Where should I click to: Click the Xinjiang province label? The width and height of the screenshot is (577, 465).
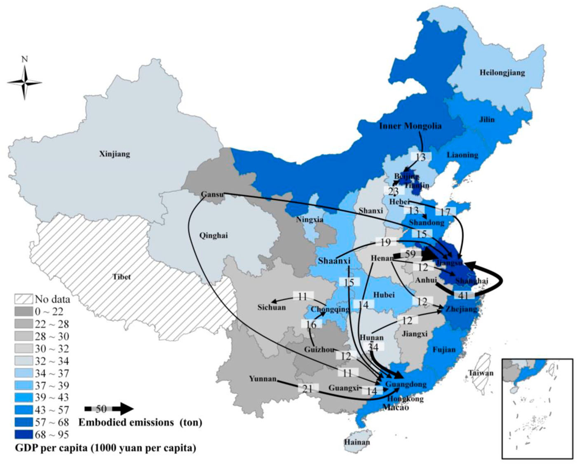[115, 154]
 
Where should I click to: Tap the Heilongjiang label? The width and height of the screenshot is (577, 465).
[502, 73]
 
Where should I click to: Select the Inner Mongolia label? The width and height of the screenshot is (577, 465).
[410, 126]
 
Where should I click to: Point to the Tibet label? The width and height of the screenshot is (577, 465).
[122, 277]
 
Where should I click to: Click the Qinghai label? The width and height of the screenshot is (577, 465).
[213, 236]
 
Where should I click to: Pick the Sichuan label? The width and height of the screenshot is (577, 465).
[271, 307]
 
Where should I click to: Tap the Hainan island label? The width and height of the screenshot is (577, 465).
[357, 442]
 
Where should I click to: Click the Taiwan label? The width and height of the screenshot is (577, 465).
[481, 373]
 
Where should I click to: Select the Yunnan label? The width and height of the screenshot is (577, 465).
[263, 379]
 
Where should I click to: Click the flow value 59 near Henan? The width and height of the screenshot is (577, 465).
[410, 254]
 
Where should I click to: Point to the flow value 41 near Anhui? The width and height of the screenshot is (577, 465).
[464, 295]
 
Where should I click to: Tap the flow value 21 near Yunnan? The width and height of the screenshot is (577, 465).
[308, 388]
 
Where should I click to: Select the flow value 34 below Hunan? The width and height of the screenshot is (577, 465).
[373, 347]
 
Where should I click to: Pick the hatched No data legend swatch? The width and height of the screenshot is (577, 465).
[23, 299]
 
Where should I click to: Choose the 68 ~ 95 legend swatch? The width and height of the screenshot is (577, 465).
[23, 435]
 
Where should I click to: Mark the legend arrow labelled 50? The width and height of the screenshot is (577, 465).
[109, 409]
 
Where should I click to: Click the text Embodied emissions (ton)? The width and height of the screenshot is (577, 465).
[140, 423]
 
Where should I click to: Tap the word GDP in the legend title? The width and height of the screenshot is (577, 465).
[26, 448]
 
